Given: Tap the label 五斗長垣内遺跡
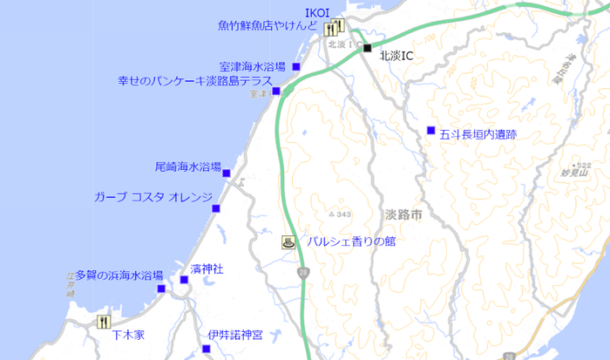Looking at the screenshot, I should pos(478,135).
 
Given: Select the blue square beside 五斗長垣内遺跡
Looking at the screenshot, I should pos(430,131).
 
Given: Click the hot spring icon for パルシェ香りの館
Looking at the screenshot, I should pos(288,242).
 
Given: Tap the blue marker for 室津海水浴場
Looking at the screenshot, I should pos(296,66).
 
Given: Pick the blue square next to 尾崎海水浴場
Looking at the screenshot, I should pos(227,173).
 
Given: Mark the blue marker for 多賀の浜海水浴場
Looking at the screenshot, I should pos(161,289).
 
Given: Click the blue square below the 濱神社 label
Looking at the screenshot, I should pos(184,280).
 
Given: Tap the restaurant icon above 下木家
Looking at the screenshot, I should pos(105,321).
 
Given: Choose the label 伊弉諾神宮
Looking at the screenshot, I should pos(235,336).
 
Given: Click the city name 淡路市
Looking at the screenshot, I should pos(402,213).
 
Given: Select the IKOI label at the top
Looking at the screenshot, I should pos(316,11).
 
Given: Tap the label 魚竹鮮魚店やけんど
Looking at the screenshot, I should pos(268,26).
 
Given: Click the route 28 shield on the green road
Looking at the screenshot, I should pos(302,273).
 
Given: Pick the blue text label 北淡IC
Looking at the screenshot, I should pos(396,55).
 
